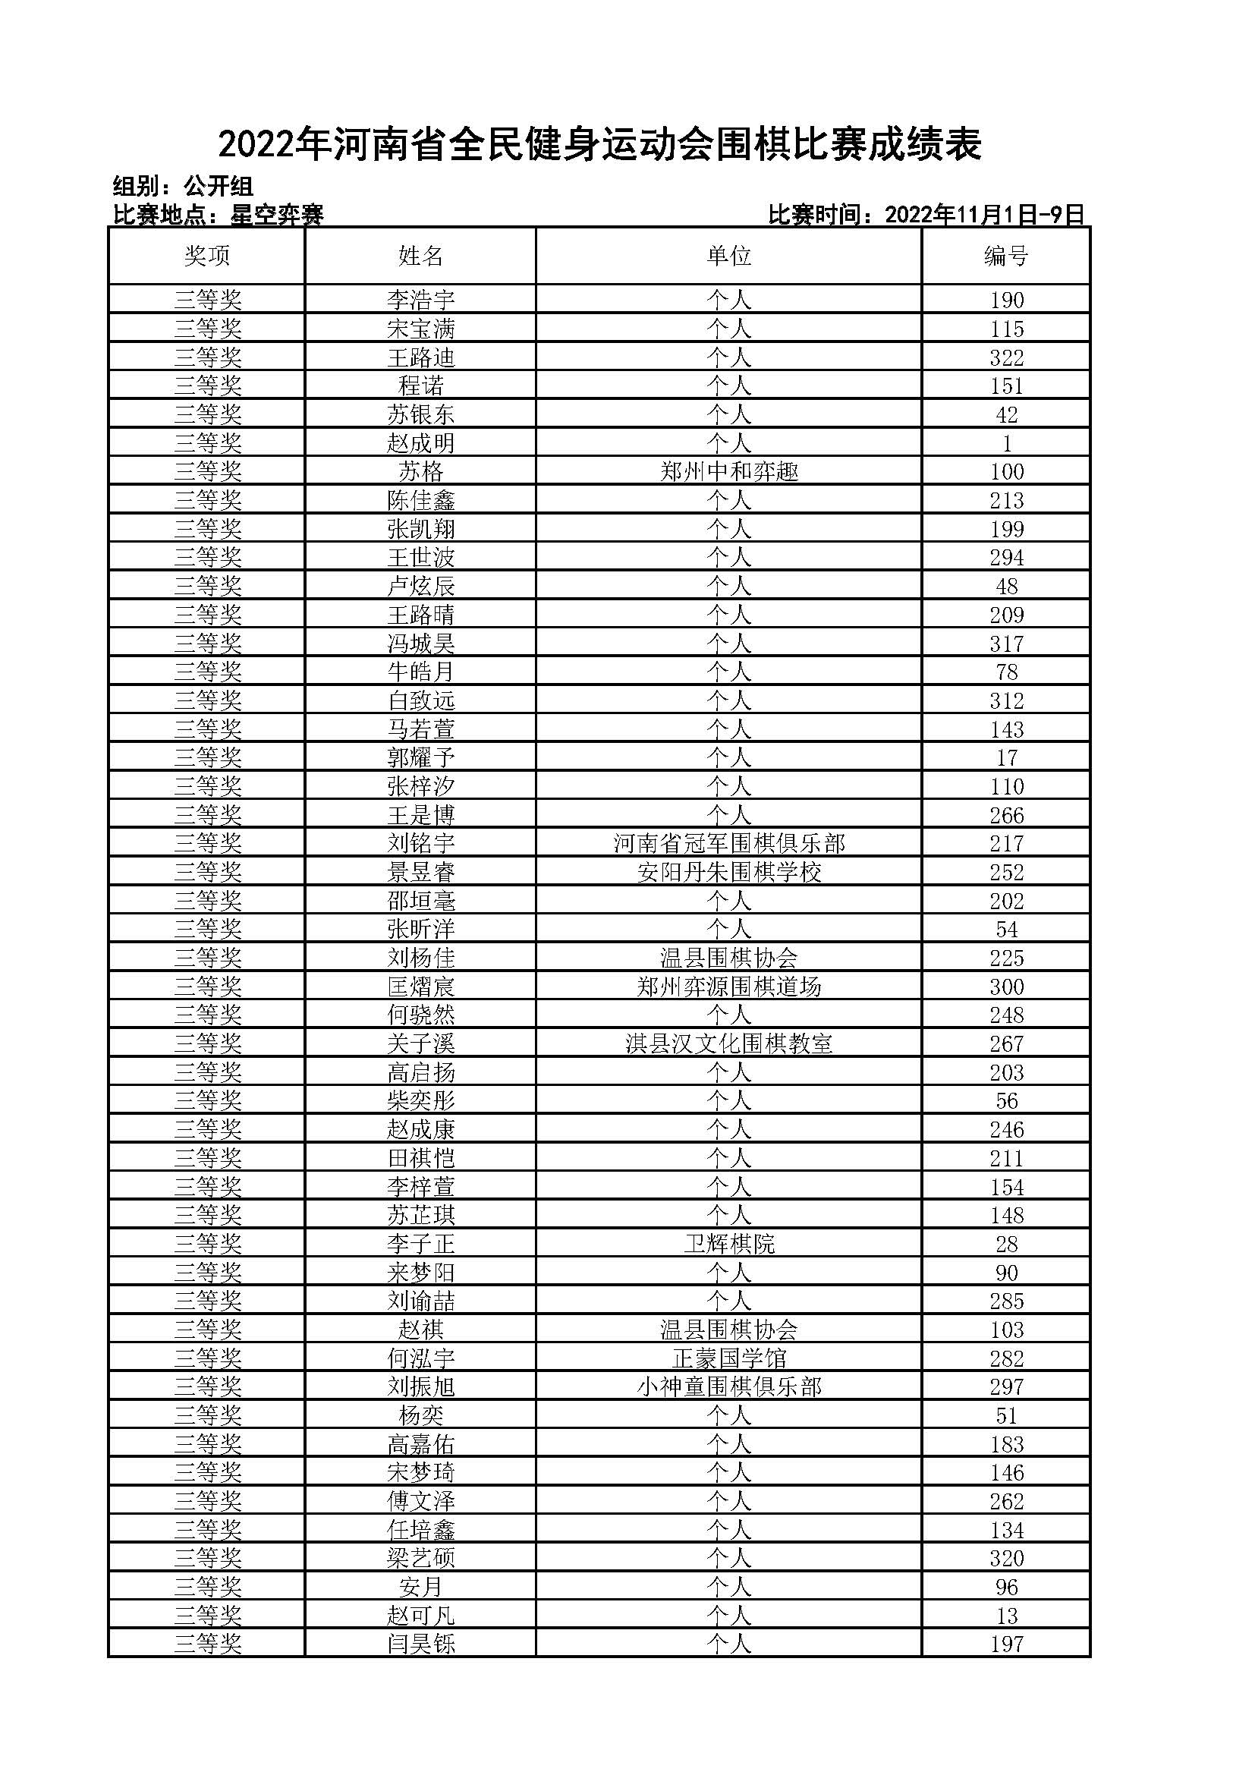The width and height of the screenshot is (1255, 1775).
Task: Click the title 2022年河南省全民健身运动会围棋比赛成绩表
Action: pyautogui.click(x=599, y=145)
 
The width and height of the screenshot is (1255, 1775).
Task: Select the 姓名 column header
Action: pyautogui.click(x=420, y=256)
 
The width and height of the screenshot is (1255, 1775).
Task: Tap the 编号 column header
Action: pyautogui.click(x=1005, y=256)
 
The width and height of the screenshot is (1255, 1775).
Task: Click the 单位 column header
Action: pyautogui.click(x=728, y=256)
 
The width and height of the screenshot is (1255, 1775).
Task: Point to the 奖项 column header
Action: pyautogui.click(x=207, y=256)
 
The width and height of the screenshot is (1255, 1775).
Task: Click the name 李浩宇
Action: pyautogui.click(x=420, y=300)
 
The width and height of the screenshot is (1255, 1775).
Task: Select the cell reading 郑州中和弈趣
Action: pyautogui.click(x=728, y=471)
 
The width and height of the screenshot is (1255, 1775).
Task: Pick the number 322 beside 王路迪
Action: pyautogui.click(x=1006, y=358)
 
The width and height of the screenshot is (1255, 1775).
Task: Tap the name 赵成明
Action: pyautogui.click(x=420, y=443)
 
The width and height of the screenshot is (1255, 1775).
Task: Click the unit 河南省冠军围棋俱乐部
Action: pyautogui.click(x=728, y=843)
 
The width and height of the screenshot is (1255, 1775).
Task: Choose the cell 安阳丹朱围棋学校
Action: pyautogui.click(x=728, y=872)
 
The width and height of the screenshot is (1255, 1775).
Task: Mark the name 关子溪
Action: pyautogui.click(x=420, y=1043)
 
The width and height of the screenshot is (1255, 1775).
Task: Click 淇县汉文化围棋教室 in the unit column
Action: pyautogui.click(x=728, y=1043)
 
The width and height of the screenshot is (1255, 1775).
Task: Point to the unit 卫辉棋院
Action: pyautogui.click(x=728, y=1244)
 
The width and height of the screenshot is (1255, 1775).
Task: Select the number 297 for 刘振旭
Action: pyautogui.click(x=1006, y=1387)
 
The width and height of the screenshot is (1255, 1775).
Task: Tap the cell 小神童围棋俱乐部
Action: pyautogui.click(x=728, y=1387)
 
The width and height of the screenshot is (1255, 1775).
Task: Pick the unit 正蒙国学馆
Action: pyautogui.click(x=728, y=1358)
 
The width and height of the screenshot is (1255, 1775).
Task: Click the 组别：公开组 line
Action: pyautogui.click(x=183, y=187)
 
